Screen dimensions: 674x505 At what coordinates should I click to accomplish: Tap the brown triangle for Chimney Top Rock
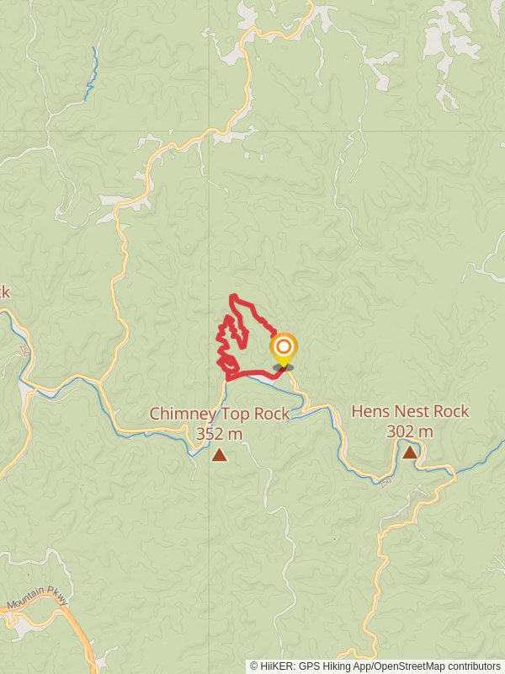(220, 456)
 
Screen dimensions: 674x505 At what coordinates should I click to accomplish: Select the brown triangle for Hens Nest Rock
(410, 452)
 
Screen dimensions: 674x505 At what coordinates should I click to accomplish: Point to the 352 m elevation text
(219, 434)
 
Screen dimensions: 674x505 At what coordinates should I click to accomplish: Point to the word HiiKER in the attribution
(277, 666)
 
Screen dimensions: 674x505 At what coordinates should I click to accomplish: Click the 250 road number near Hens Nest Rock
(385, 483)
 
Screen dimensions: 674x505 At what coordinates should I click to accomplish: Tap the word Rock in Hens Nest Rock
(452, 412)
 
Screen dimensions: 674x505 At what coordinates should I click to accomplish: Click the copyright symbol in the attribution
(253, 666)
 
